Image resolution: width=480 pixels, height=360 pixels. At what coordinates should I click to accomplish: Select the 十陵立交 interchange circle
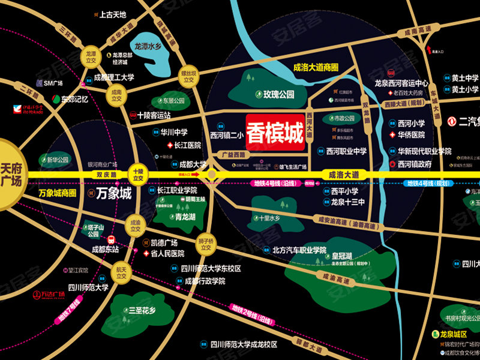click(139, 175)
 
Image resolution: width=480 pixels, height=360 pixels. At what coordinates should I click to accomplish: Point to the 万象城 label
click(114, 194)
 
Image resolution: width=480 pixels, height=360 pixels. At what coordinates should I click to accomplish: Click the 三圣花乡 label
click(142, 311)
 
